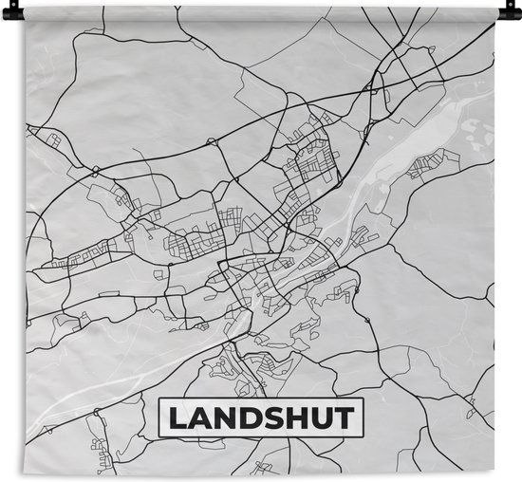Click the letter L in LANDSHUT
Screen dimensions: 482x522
coord(174,417)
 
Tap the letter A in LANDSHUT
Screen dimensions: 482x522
coord(196,417)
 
